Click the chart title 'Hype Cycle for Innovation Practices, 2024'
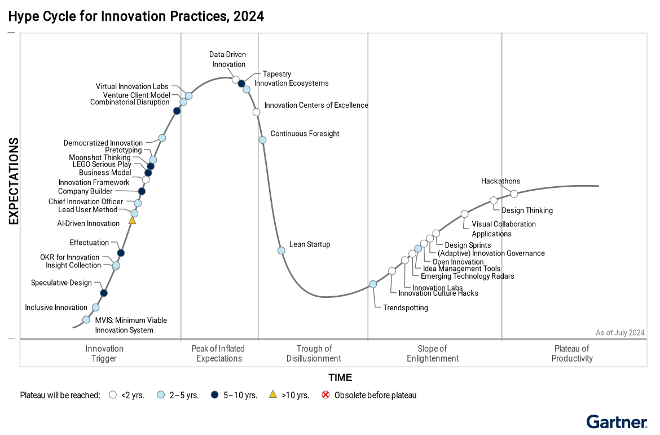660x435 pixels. click(x=136, y=16)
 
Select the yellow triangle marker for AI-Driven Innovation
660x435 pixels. click(x=133, y=220)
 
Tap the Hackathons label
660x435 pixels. click(x=500, y=181)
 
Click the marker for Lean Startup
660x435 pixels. click(x=281, y=251)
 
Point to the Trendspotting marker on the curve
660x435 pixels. click(x=373, y=284)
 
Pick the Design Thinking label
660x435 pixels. click(x=527, y=210)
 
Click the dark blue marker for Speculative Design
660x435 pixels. click(x=104, y=293)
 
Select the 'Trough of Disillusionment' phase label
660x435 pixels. click(x=314, y=353)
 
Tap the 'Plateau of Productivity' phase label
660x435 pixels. click(x=572, y=353)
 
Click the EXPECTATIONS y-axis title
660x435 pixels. click(x=14, y=181)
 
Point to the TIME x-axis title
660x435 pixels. click(x=340, y=377)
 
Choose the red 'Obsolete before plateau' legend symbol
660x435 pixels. click(x=325, y=395)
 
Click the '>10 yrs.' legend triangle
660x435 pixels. click(x=272, y=394)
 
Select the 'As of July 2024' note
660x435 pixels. click(x=620, y=333)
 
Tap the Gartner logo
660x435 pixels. click(x=617, y=423)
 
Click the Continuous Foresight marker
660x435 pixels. click(x=262, y=140)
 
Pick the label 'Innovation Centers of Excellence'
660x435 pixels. click(x=316, y=105)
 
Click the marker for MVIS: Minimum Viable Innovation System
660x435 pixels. click(x=86, y=320)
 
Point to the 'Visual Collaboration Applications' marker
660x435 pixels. click(x=464, y=214)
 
